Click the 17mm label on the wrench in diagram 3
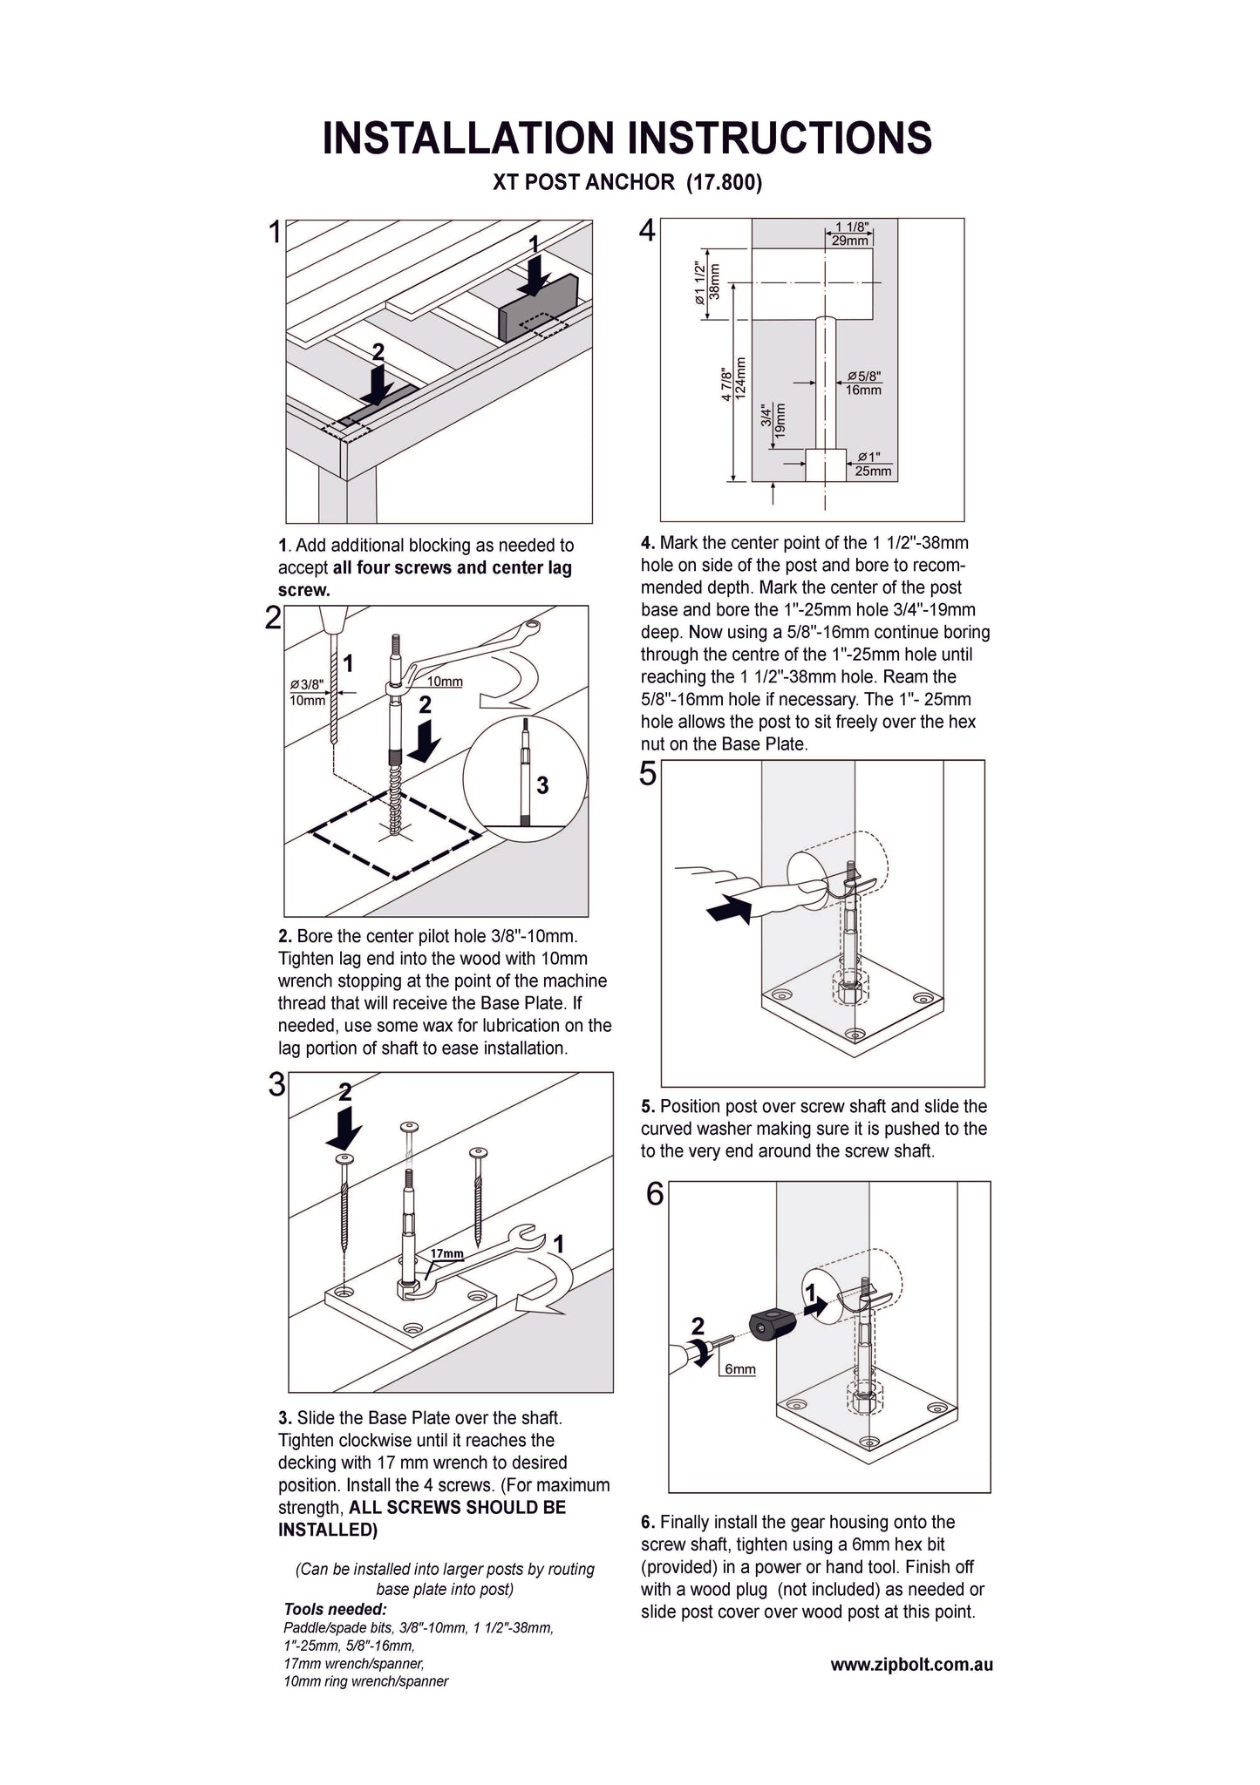(446, 1253)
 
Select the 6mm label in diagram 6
(739, 1369)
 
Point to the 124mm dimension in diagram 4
(740, 378)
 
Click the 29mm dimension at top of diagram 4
(849, 241)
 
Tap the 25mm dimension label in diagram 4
(873, 472)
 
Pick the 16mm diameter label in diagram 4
(863, 390)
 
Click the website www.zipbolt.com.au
(911, 1665)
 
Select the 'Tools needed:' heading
(336, 1609)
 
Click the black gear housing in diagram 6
(772, 1327)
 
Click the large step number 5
(647, 774)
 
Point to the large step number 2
(273, 619)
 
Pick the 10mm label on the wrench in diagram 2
(445, 682)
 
